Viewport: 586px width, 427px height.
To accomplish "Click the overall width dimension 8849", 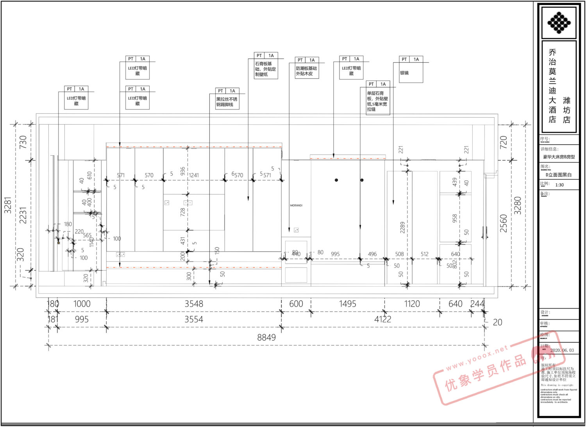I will click(266, 337).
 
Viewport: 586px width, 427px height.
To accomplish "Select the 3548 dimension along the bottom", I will click(194, 304).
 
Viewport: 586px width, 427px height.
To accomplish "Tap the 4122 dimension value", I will click(382, 319).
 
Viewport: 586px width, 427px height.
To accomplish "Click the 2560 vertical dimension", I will click(504, 223).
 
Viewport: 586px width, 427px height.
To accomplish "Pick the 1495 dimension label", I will click(347, 304).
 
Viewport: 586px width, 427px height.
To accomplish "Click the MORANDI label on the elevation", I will click(296, 205).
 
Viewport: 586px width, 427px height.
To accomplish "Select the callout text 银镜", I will click(404, 73).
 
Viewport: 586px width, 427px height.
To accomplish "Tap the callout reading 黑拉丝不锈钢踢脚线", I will click(227, 102).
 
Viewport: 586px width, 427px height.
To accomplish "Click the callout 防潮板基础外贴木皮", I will click(306, 71).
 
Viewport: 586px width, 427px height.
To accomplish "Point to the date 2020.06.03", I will click(562, 350).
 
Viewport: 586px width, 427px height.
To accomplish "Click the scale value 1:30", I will click(559, 185).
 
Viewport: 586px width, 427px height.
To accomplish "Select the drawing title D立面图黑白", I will click(559, 175).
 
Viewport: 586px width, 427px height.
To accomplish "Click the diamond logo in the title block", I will click(559, 22).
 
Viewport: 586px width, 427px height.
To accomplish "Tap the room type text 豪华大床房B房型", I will click(559, 157).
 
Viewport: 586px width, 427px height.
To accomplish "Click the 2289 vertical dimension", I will click(402, 228).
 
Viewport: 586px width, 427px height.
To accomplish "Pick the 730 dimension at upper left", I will click(23, 141).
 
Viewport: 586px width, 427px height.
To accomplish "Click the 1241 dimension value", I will click(194, 175).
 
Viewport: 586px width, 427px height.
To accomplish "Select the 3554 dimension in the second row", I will click(194, 319).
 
